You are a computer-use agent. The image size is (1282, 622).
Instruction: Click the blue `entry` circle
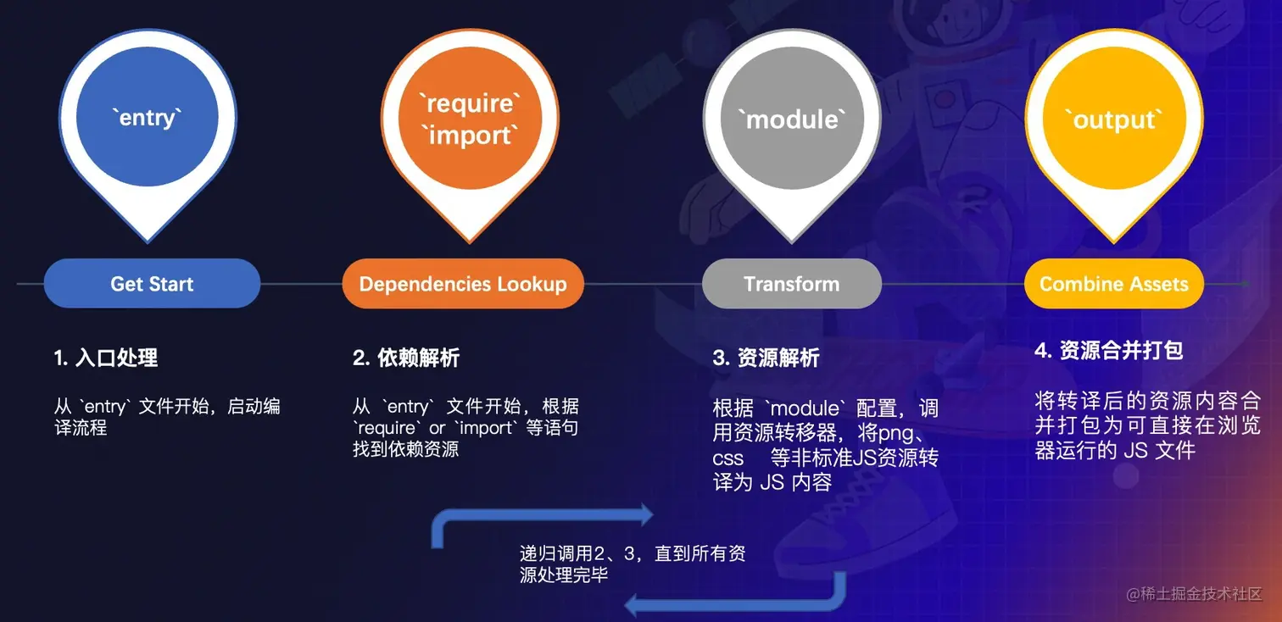pyautogui.click(x=148, y=118)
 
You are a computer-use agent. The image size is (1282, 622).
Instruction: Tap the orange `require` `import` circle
pyautogui.click(x=470, y=119)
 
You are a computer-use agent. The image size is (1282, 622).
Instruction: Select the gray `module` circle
pyautogui.click(x=792, y=119)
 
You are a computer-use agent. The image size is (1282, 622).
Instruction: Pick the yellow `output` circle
pyautogui.click(x=1114, y=119)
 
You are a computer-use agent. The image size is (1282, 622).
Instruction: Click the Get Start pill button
pyautogui.click(x=152, y=284)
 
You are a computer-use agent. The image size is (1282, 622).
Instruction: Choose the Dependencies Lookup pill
pyautogui.click(x=463, y=284)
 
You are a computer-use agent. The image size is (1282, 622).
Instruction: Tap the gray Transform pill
pyautogui.click(x=792, y=284)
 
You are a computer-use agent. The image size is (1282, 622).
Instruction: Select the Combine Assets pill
pyautogui.click(x=1114, y=284)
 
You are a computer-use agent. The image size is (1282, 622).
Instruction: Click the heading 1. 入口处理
pyautogui.click(x=106, y=358)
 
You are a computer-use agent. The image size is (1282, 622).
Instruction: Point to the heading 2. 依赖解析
pyautogui.click(x=406, y=358)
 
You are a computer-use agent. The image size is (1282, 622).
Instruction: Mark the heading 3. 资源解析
pyautogui.click(x=766, y=358)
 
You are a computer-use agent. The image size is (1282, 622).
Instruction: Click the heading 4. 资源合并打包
pyautogui.click(x=1108, y=350)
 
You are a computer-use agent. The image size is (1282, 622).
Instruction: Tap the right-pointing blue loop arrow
pyautogui.click(x=543, y=519)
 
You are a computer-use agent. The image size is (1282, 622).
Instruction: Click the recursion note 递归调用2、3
pyautogui.click(x=633, y=564)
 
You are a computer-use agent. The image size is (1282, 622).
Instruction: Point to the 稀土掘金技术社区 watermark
pyautogui.click(x=1194, y=593)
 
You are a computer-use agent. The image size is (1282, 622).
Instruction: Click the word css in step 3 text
pyautogui.click(x=727, y=458)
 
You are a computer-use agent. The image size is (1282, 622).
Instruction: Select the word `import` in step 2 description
pyautogui.click(x=485, y=428)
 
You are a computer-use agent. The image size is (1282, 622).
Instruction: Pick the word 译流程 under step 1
pyautogui.click(x=81, y=428)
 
